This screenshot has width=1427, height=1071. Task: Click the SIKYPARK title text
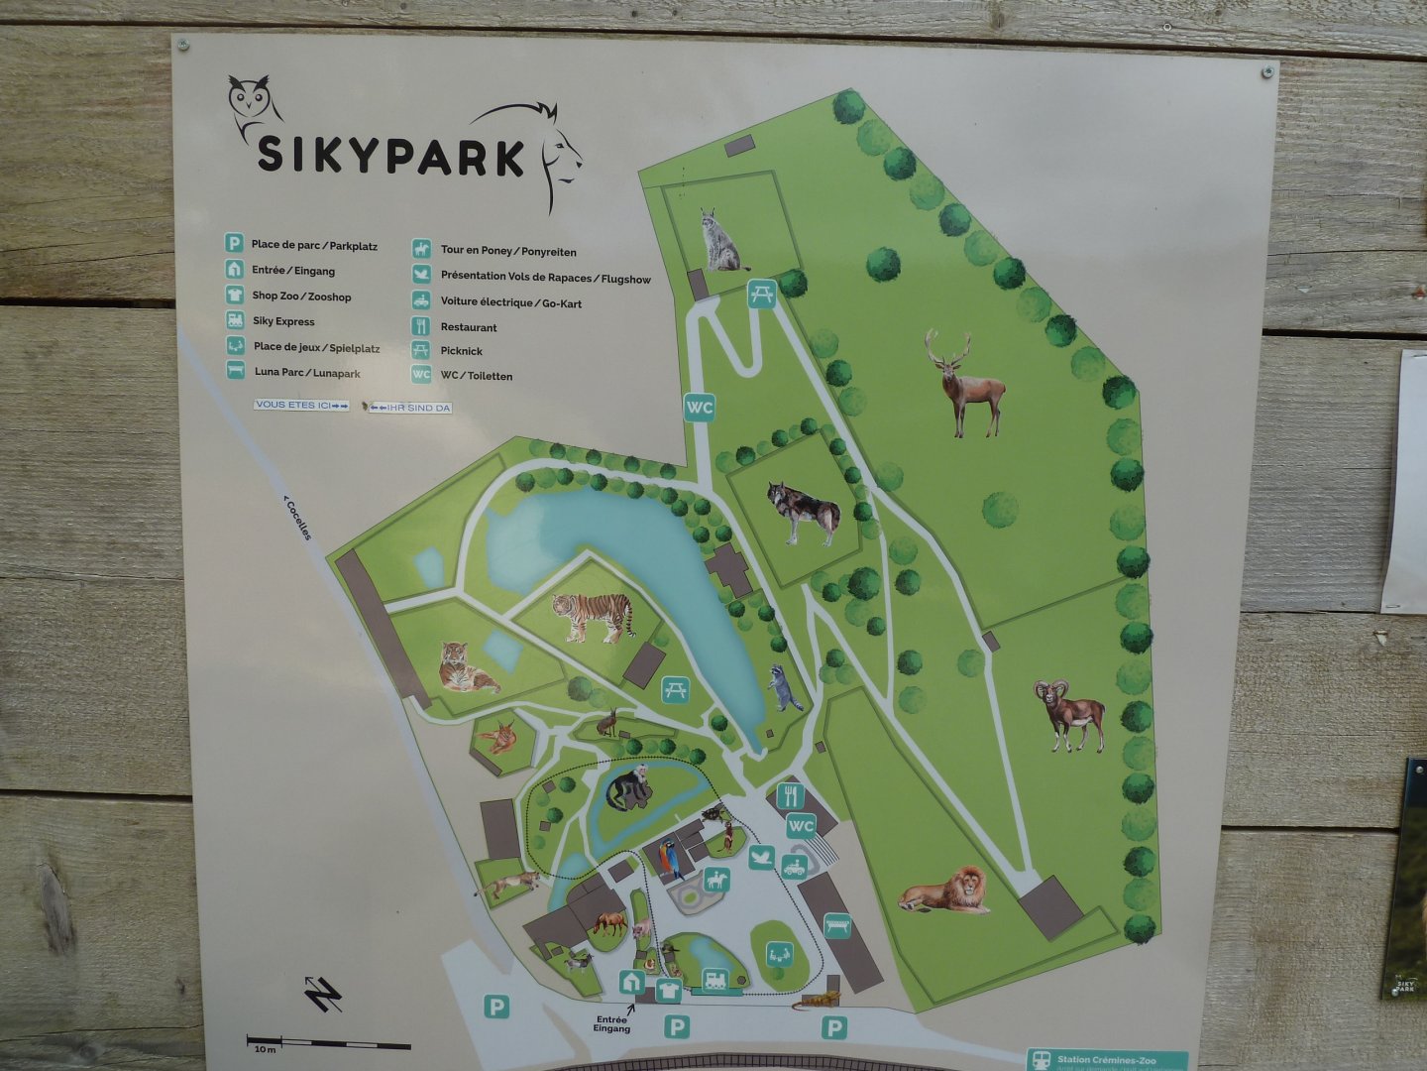tap(390, 156)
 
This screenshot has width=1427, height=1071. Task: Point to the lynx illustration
tap(721, 241)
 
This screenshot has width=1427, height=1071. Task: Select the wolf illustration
tap(805, 512)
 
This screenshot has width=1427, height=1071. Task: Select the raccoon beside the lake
tap(785, 686)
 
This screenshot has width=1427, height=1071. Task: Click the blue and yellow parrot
tap(670, 859)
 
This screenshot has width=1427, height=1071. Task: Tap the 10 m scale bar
tap(328, 1044)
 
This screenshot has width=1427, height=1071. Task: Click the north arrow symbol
tap(323, 994)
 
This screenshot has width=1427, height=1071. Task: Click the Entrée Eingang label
tap(611, 1023)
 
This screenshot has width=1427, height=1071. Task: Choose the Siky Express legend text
tap(283, 321)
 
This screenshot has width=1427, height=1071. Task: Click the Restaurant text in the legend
tap(469, 327)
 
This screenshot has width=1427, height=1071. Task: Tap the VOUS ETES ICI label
tap(301, 405)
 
